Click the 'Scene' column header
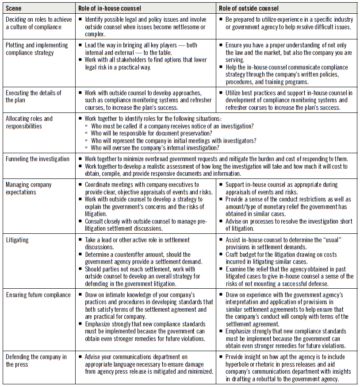pos(13,8)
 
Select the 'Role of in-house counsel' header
pos(109,8)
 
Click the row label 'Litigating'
pos(17,240)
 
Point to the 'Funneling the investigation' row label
pos(38,159)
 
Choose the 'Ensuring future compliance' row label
pos(38,294)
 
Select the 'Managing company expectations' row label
pos(29,188)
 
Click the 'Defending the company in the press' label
pos(36,360)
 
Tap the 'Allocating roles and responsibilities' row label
pos(29,122)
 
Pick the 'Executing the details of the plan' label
pos(34,96)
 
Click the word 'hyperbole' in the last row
pos(237,364)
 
